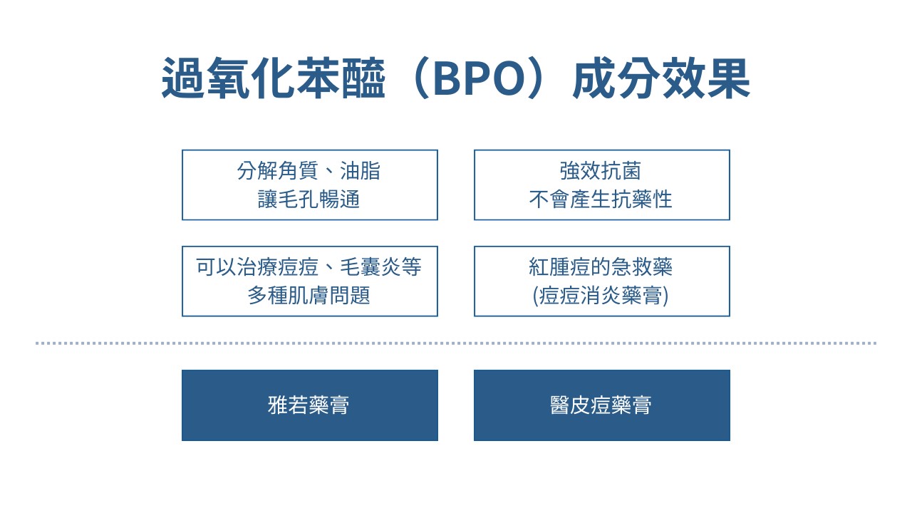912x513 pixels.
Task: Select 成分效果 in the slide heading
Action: (x=661, y=80)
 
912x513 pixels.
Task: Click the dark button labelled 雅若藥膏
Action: (x=309, y=405)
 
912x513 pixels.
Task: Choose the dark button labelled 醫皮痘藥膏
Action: (x=601, y=405)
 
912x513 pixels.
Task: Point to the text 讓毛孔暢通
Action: (x=309, y=199)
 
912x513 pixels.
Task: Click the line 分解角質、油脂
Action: (x=309, y=171)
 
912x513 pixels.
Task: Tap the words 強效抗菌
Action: (x=601, y=171)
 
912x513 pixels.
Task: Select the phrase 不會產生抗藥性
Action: (x=601, y=199)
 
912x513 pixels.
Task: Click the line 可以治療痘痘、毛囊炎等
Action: (x=309, y=267)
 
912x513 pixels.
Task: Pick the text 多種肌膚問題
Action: (x=309, y=295)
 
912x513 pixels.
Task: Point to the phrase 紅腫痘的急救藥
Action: (x=601, y=267)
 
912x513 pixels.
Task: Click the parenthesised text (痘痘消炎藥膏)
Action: (x=601, y=295)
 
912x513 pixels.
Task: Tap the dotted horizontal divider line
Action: (x=456, y=343)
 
